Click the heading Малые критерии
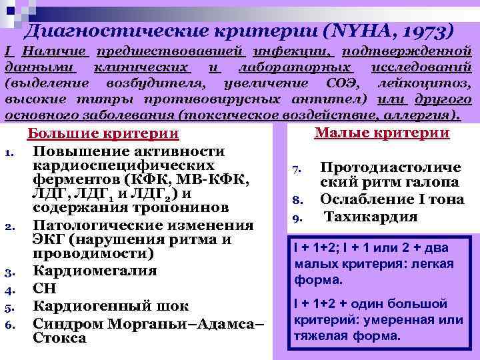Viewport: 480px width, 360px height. click(381, 133)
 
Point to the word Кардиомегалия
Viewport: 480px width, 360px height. click(95, 271)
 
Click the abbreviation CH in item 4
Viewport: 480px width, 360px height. click(45, 289)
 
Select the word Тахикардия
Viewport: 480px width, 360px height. click(371, 216)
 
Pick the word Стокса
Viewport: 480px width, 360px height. click(59, 338)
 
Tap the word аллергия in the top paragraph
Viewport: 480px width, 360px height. click(430, 114)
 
